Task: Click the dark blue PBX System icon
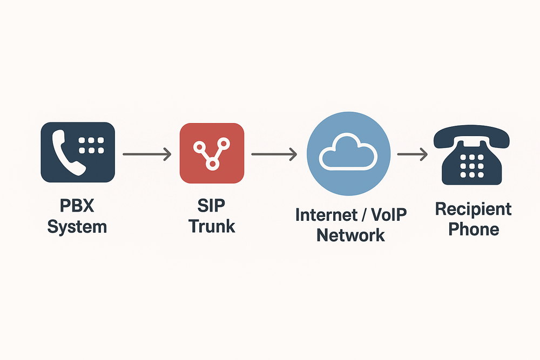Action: click(x=78, y=152)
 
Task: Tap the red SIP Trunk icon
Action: click(x=212, y=153)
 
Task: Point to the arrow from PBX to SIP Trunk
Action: click(x=147, y=154)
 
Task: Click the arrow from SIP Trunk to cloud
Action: click(x=274, y=154)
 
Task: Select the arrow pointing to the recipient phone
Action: click(x=412, y=154)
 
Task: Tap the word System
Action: click(x=77, y=226)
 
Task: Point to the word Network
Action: click(x=350, y=235)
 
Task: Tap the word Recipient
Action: click(x=473, y=209)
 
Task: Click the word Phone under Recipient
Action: click(x=474, y=229)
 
